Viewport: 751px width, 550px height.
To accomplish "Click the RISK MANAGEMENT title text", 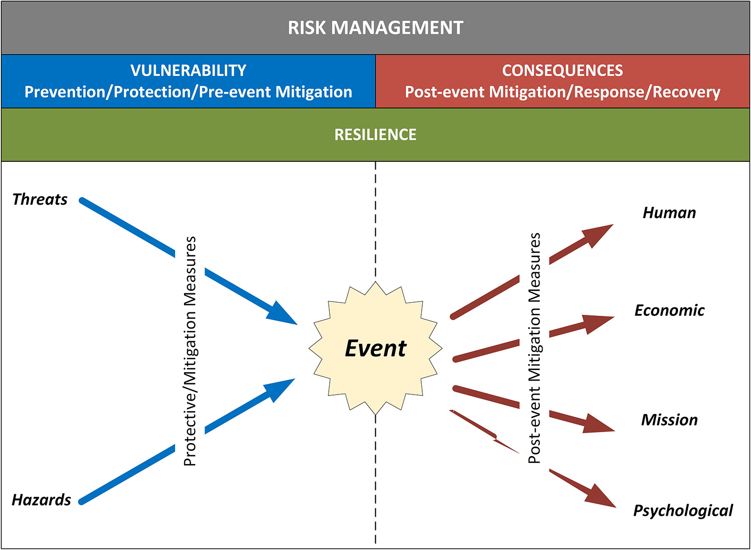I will coord(375,28).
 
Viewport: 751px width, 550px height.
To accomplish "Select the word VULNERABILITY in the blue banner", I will coord(188,70).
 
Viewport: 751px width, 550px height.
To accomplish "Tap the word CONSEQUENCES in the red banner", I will coord(562,70).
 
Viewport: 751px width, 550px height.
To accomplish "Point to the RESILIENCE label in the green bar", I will coord(375,134).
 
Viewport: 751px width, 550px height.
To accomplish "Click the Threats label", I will coord(40,199).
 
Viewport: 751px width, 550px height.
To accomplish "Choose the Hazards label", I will coord(42,500).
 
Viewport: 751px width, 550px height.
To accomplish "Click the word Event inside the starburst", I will coord(375,348).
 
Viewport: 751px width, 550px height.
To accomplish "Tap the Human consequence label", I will coord(669,213).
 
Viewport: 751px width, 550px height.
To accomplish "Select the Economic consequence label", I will coord(669,310).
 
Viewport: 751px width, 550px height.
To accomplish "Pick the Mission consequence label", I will coord(669,419).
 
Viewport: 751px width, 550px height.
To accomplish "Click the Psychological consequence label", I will coord(683,510).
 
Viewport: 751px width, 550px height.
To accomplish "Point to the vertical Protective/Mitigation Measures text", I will coord(190,351).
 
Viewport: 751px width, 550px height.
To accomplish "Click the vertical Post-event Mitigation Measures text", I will coord(535,348).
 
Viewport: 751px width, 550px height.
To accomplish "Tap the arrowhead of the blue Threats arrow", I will coord(282,314).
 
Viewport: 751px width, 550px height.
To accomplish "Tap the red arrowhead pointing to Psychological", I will coord(602,497).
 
